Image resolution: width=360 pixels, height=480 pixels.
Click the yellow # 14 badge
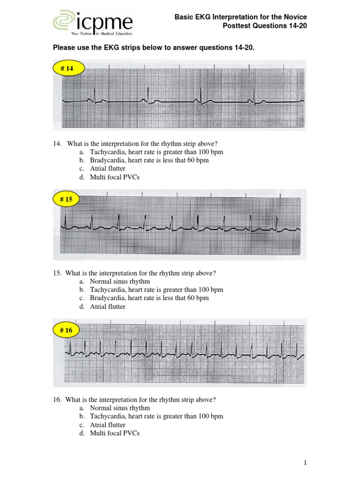click(67, 68)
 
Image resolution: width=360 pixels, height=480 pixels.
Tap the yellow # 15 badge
click(66, 199)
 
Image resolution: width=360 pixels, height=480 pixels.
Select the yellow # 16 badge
click(66, 330)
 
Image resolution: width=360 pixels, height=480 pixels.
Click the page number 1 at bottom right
click(305, 463)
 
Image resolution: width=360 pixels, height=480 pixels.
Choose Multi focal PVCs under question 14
click(114, 177)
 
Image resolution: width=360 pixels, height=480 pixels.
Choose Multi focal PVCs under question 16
click(114, 433)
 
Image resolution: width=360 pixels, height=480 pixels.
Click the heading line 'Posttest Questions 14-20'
click(264, 26)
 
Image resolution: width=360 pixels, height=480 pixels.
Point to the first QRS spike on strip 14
click(95, 92)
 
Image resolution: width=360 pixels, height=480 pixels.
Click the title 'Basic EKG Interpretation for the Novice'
click(240, 17)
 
